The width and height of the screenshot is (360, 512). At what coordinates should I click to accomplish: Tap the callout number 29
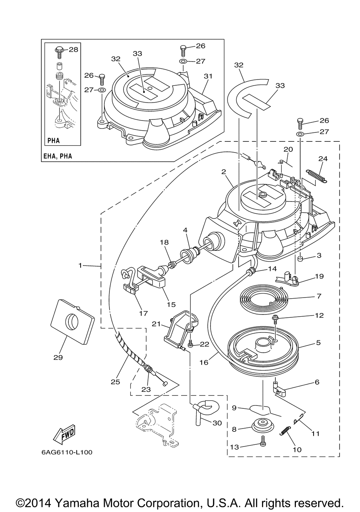(58, 358)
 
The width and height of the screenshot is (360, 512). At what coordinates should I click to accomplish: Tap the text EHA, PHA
(58, 156)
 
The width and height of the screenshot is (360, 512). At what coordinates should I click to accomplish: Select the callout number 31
(208, 76)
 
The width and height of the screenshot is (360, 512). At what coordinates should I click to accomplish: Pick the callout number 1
(80, 266)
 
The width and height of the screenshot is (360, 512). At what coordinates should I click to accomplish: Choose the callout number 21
(157, 324)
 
